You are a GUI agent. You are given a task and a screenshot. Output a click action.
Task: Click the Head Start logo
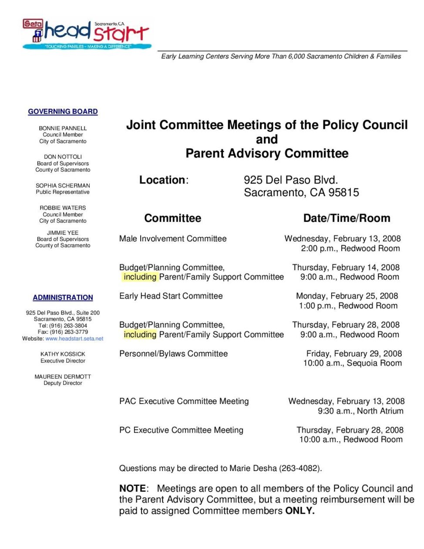tap(87, 34)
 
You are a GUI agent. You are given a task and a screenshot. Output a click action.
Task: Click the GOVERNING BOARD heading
tap(63, 112)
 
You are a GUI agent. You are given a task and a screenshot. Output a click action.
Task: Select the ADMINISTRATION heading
tap(63, 298)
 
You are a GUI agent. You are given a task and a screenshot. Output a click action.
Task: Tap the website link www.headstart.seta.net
tap(74, 339)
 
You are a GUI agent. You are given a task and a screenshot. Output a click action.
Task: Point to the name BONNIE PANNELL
tap(63, 129)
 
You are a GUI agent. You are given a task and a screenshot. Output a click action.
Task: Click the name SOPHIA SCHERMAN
tap(63, 186)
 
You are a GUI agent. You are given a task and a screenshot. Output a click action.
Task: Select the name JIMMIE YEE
tap(63, 233)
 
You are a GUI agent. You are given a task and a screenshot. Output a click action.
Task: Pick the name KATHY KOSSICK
tap(63, 354)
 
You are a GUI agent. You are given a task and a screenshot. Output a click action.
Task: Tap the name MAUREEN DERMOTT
tap(63, 376)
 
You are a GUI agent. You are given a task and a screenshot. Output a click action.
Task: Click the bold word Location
tap(162, 180)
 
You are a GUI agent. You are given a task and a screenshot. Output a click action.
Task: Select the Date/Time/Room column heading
tap(347, 218)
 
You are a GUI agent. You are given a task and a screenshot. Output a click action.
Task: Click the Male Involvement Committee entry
tap(173, 239)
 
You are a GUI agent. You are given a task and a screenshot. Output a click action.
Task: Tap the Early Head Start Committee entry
tap(171, 296)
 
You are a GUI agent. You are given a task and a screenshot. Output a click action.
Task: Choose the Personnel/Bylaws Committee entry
tap(173, 354)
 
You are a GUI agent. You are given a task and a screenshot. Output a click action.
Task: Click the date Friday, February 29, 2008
tap(354, 354)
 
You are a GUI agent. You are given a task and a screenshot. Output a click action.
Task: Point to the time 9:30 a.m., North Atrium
tap(360, 411)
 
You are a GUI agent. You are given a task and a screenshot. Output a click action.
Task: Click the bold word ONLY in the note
tap(299, 511)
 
